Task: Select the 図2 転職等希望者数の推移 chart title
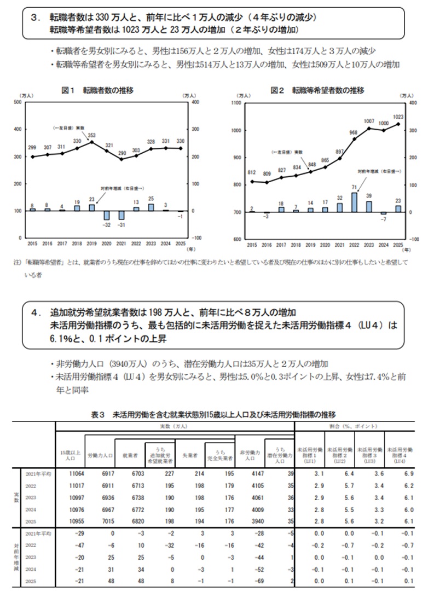[317, 90]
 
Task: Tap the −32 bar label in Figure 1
[108, 225]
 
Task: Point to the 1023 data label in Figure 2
[398, 116]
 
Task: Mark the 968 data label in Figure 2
[354, 132]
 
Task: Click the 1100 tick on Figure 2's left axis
[236, 102]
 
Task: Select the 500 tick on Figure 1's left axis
[18, 102]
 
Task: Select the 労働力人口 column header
[100, 454]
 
